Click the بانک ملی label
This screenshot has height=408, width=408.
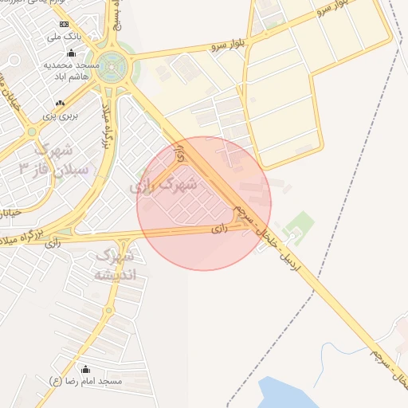[x=65, y=37]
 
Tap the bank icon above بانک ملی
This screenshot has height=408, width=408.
[x=65, y=25]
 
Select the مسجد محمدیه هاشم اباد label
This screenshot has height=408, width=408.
[x=71, y=69]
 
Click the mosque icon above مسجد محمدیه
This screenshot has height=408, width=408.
[x=72, y=53]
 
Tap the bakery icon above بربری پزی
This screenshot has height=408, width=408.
[x=60, y=104]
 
